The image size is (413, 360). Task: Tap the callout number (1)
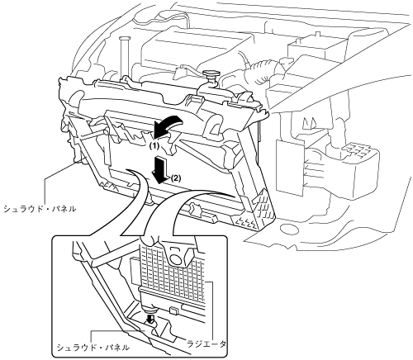click(x=154, y=146)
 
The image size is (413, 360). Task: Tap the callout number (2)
click(x=176, y=178)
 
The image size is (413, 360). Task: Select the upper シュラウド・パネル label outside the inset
click(x=39, y=209)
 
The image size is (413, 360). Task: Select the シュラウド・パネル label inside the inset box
click(x=93, y=348)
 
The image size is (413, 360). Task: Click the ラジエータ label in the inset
click(x=206, y=343)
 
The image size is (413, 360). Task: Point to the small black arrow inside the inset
click(x=150, y=319)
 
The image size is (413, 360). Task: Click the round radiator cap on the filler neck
click(x=211, y=73)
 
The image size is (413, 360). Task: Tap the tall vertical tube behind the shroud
click(x=123, y=59)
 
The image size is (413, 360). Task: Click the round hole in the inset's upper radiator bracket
click(x=174, y=258)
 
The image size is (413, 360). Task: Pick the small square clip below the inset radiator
click(x=173, y=310)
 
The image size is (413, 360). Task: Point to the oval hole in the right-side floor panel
click(x=287, y=228)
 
